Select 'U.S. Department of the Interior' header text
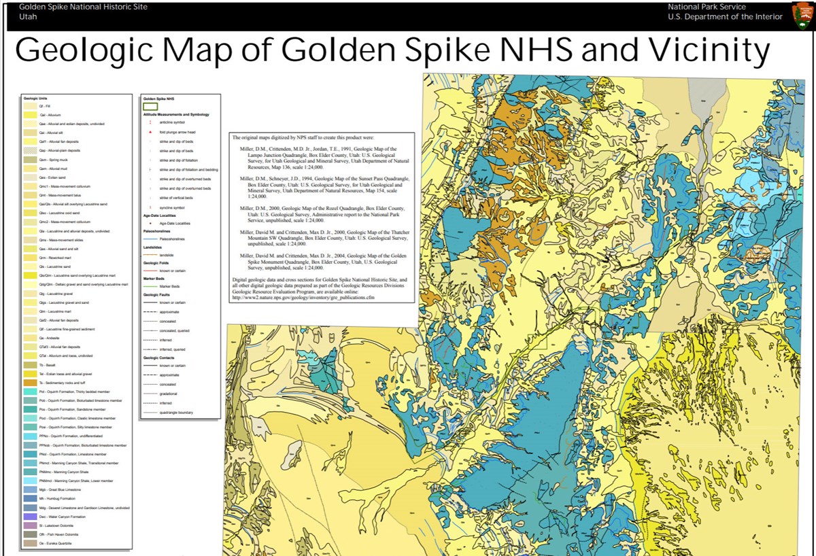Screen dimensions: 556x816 pos(725,17)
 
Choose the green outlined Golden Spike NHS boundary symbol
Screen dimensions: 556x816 pos(150,107)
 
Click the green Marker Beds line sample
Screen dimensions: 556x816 pos(150,286)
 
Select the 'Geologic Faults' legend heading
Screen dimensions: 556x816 pos(156,294)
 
